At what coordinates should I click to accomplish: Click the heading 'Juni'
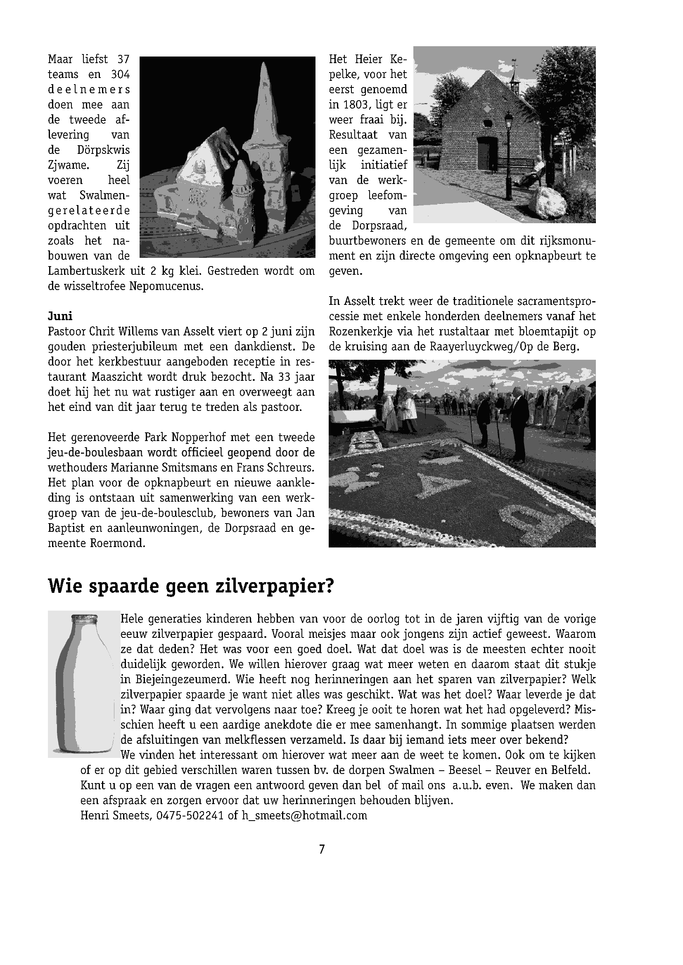[x=60, y=316]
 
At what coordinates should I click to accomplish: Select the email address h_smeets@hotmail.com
[x=304, y=816]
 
